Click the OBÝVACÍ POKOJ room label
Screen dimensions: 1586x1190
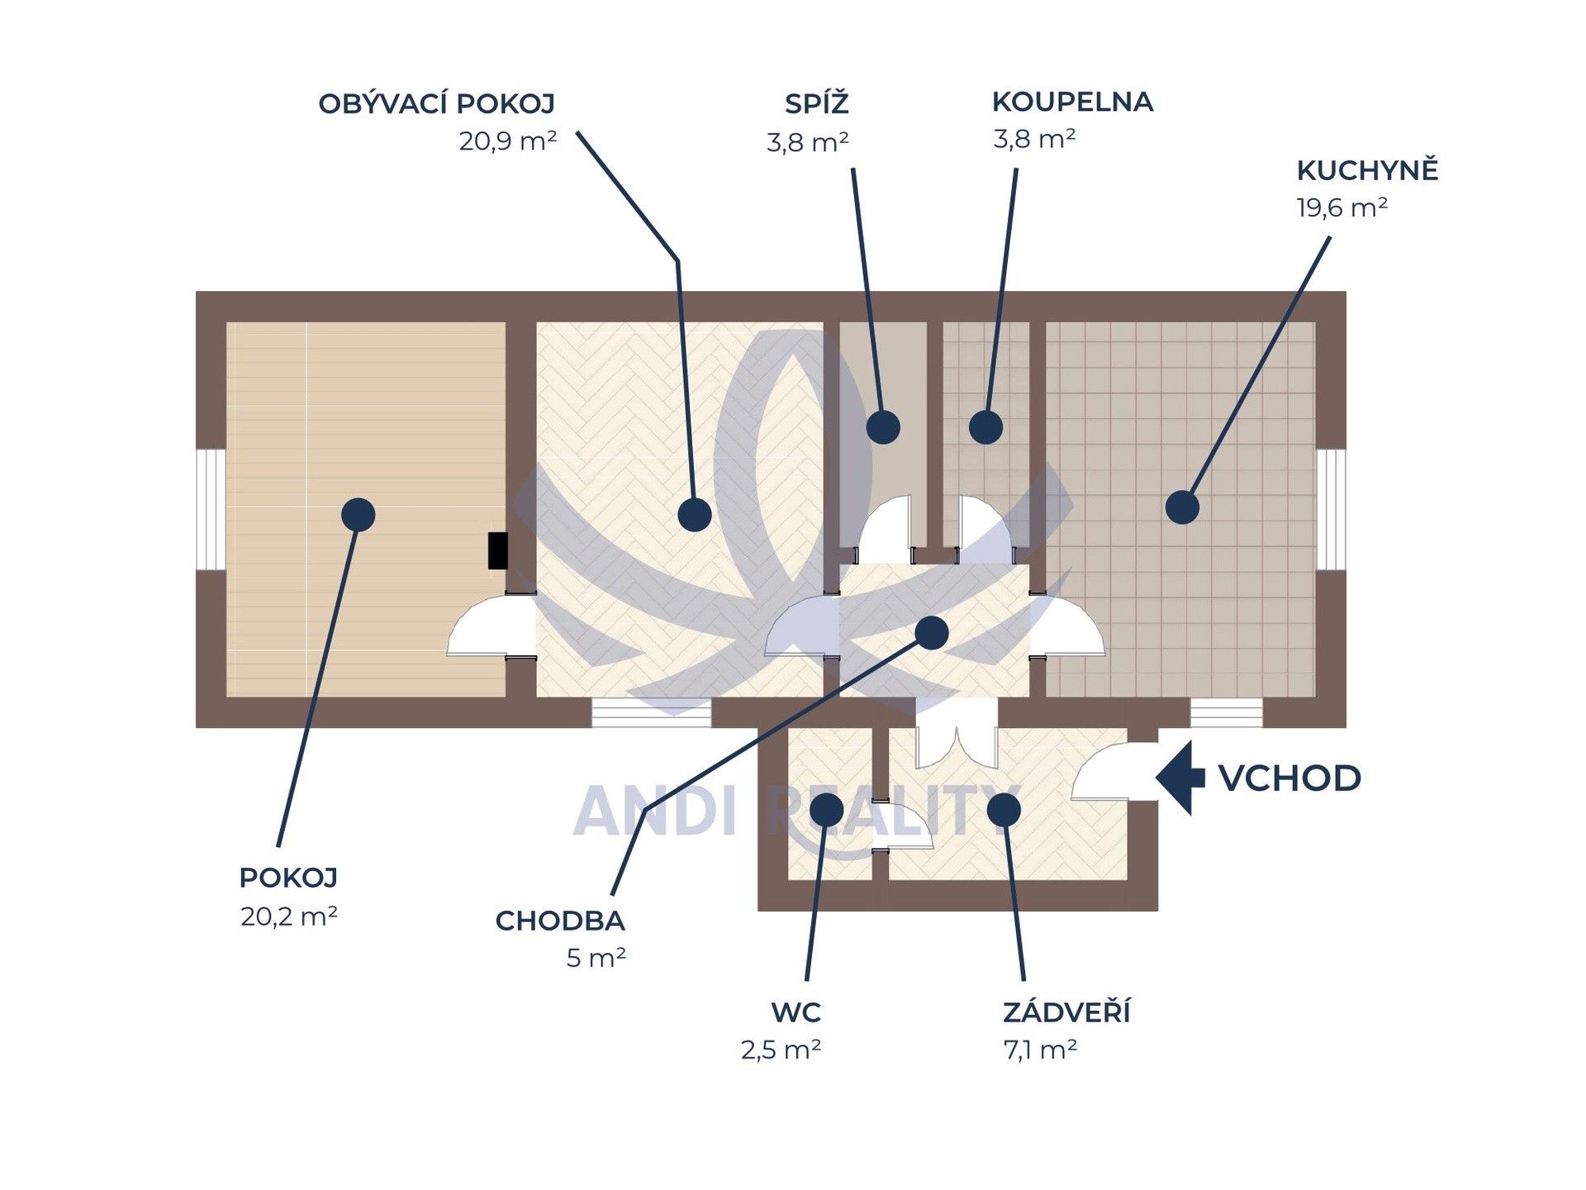(x=437, y=104)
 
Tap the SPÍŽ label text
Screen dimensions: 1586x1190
(x=816, y=103)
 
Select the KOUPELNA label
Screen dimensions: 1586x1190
(x=1072, y=102)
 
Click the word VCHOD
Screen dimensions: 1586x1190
(x=1289, y=778)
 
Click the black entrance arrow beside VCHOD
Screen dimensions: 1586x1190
(x=1180, y=778)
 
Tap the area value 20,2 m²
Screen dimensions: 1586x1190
(x=289, y=916)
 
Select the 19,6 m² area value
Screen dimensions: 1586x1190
(x=1341, y=207)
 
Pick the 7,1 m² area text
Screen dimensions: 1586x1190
(x=1040, y=1050)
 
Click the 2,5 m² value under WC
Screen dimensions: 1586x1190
(x=781, y=1050)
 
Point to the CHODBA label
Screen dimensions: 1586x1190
(x=560, y=921)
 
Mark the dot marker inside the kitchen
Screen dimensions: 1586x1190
(x=1182, y=507)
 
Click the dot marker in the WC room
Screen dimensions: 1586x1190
(x=827, y=810)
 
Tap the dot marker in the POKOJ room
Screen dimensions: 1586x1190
(x=358, y=515)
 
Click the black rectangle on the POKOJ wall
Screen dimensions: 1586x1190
(x=498, y=550)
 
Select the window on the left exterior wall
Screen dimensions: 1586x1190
(x=210, y=509)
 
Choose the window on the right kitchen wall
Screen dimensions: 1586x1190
(x=1331, y=509)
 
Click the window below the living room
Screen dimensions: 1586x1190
(x=652, y=712)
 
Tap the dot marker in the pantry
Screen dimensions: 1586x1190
(x=883, y=427)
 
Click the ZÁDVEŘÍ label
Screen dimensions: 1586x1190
(x=1066, y=1011)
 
